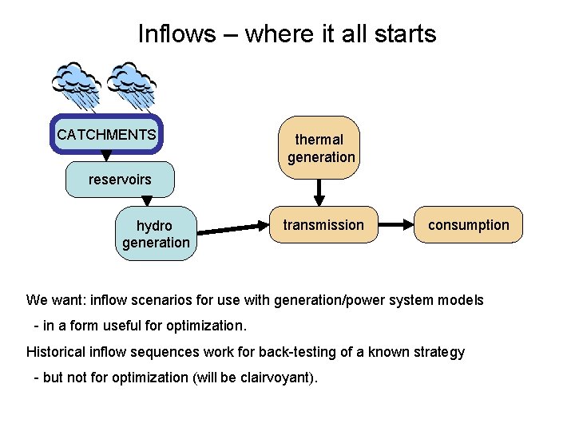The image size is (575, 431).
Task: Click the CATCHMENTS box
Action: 107,134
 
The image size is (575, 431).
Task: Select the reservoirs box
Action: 120,180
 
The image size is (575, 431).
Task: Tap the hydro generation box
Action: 156,234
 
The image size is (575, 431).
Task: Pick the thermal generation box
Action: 321,148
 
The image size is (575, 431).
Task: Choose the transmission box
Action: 323,225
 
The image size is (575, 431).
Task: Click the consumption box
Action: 468,225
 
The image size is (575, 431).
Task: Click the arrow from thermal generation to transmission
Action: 320,192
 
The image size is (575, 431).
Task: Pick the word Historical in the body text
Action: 56,352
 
